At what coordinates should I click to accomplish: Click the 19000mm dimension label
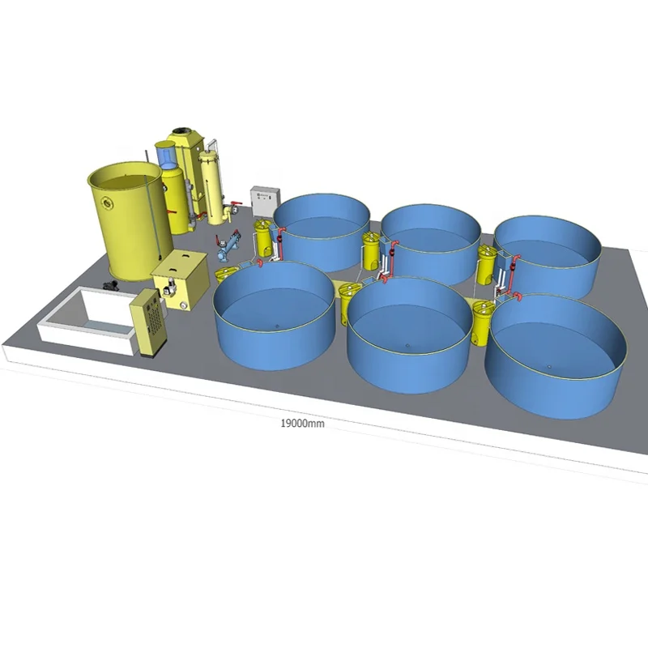click(x=302, y=423)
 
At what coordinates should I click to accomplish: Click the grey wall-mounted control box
click(x=265, y=201)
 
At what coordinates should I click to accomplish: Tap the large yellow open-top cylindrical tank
click(x=130, y=220)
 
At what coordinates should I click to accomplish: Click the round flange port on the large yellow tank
click(x=109, y=202)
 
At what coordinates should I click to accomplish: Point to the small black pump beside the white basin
click(x=110, y=284)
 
